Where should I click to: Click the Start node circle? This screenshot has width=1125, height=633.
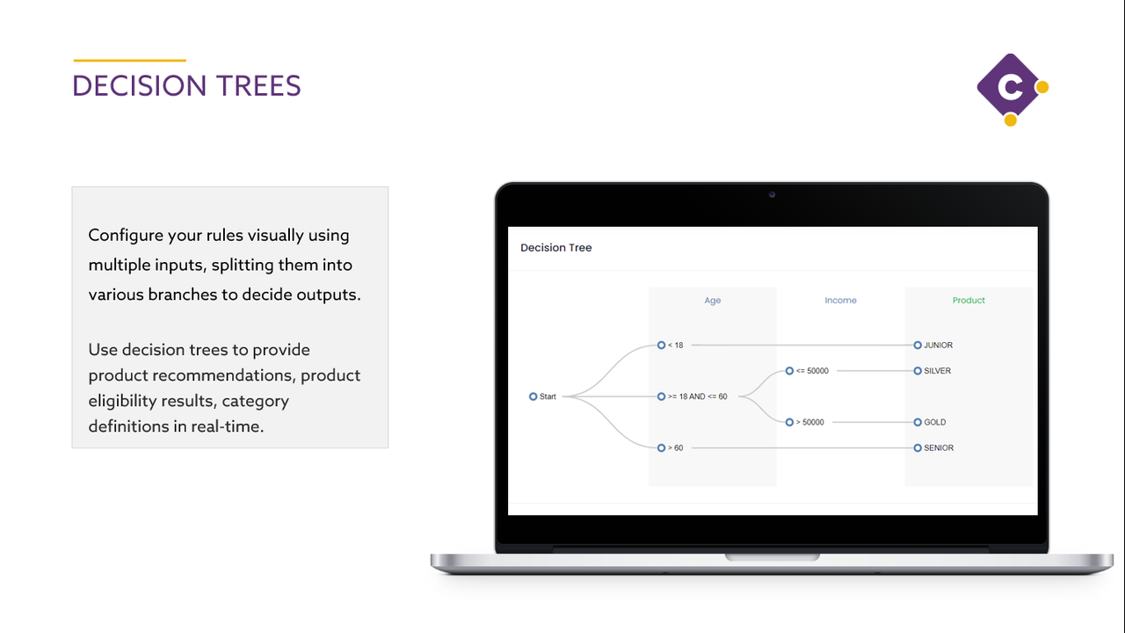point(533,397)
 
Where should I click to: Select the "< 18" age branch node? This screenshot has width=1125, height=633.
point(662,346)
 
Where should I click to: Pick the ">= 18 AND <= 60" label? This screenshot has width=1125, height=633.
point(697,397)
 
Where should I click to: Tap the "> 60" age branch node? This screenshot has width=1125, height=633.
point(662,448)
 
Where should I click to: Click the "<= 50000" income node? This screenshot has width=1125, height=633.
point(789,371)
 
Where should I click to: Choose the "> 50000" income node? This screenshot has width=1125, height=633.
point(789,422)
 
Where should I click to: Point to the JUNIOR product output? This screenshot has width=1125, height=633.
point(937,346)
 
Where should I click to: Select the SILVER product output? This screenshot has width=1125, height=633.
point(936,371)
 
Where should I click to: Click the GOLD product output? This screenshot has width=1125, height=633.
point(933,422)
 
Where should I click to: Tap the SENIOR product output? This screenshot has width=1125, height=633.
point(937,448)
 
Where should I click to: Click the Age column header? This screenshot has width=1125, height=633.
point(713,301)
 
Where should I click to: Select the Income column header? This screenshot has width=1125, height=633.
point(840,301)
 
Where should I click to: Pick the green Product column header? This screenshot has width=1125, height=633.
point(969,301)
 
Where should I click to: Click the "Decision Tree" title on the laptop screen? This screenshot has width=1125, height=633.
point(556,248)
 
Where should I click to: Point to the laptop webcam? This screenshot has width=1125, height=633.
point(772,194)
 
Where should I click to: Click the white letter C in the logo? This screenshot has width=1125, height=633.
point(1011,87)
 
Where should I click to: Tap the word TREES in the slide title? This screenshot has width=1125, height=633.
point(258,86)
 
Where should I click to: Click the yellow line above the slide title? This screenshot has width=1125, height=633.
point(129,61)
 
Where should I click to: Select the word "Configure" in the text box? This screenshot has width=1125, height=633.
point(127,236)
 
